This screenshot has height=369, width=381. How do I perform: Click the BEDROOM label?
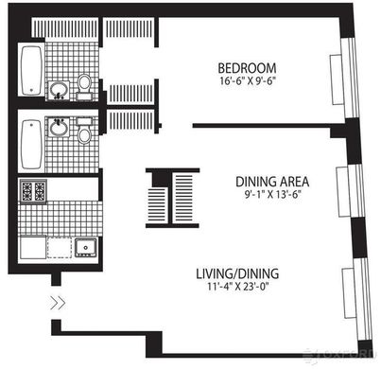(247, 68)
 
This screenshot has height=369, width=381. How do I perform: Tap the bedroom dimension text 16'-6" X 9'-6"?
(247, 82)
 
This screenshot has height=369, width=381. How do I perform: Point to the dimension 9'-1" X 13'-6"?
(273, 196)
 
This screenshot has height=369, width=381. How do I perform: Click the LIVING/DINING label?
(238, 275)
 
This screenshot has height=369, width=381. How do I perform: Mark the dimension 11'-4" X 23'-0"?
(238, 290)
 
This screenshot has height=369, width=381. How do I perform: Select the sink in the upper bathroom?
(59, 90)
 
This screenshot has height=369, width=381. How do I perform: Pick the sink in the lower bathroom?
(60, 126)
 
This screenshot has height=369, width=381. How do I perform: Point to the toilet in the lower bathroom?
(85, 135)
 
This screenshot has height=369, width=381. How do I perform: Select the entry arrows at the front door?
(58, 305)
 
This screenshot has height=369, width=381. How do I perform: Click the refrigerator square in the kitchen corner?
(34, 248)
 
